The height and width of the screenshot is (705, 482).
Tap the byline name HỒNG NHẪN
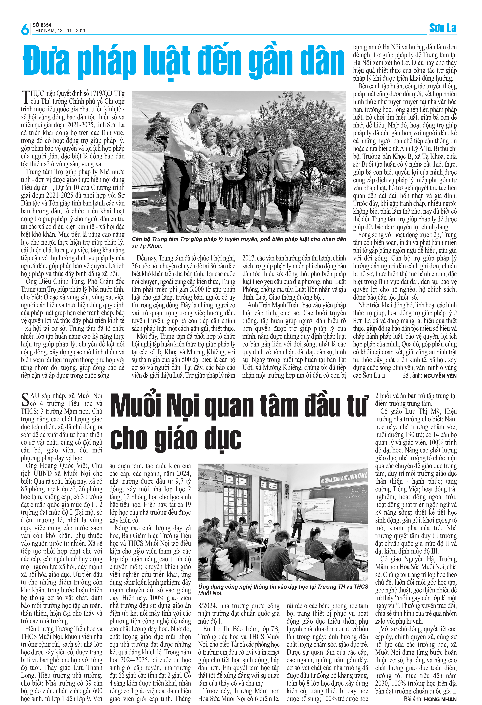coord(440,699)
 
